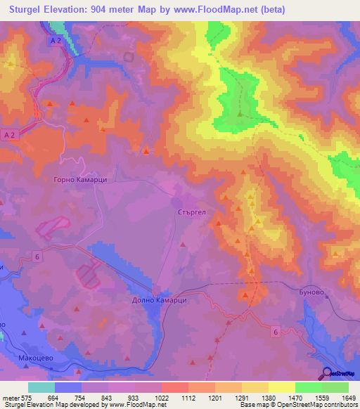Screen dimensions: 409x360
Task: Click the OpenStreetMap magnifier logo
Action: tap(327, 373)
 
